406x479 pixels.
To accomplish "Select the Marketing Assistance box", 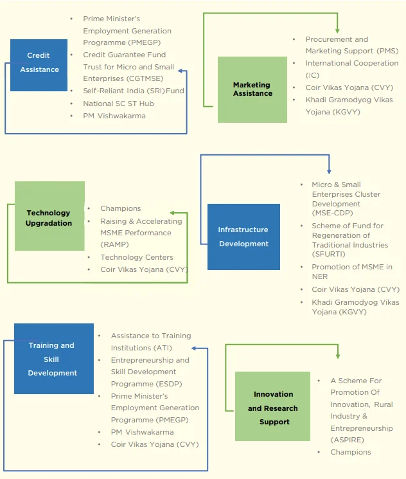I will pos(252,89).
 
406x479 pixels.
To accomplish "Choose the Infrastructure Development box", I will pos(243,237).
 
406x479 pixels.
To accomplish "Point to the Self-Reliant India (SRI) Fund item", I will pos(134,91).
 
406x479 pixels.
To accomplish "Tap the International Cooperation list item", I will pos(352,63).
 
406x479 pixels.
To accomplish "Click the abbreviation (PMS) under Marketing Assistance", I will pos(388,51).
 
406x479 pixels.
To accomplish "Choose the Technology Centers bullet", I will pos(137,257).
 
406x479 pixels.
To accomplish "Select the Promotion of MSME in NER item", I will pos(352,271).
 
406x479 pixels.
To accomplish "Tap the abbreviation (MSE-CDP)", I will pos(332,213).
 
